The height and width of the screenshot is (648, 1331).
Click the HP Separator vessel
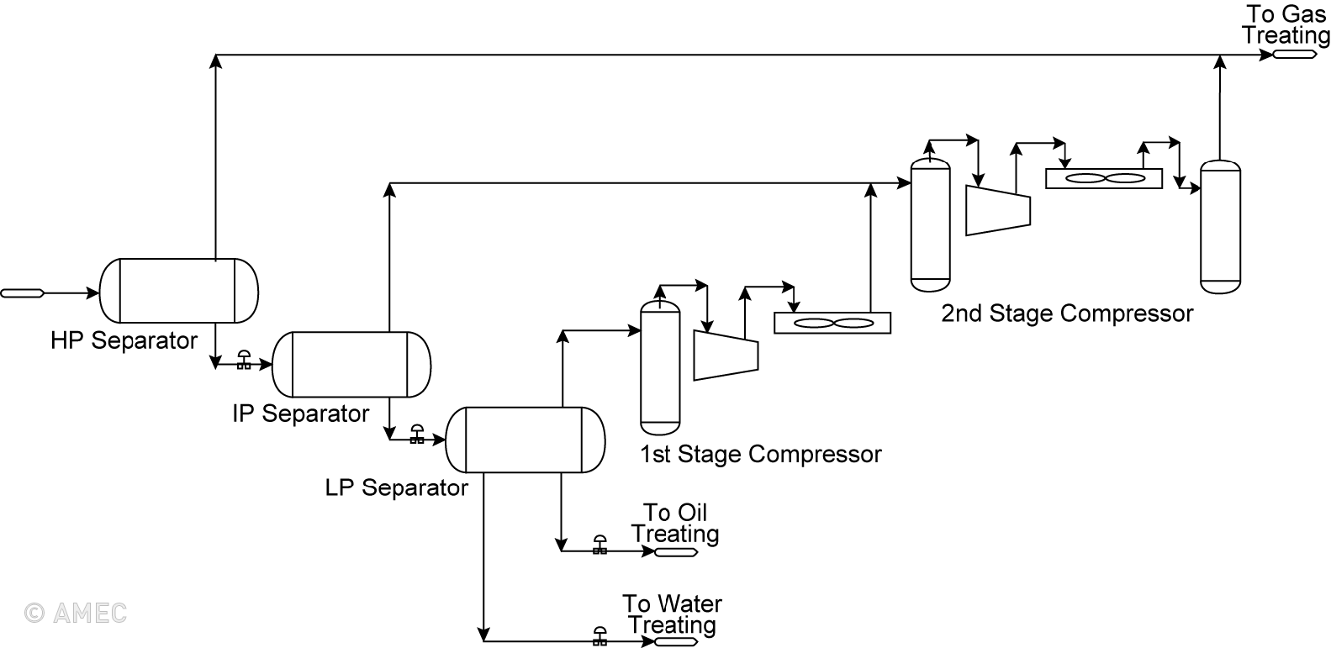click(178, 291)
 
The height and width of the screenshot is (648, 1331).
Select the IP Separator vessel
click(351, 364)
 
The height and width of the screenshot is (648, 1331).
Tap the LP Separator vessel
click(525, 440)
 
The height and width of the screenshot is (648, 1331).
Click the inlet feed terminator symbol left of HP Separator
click(22, 293)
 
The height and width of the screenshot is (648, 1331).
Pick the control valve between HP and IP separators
click(244, 361)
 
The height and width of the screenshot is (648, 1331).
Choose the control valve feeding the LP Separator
click(416, 435)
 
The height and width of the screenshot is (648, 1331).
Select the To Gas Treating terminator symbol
click(1295, 55)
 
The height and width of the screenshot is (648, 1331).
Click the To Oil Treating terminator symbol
click(676, 552)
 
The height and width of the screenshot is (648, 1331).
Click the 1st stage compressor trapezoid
click(726, 355)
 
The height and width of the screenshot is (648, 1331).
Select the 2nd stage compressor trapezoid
click(998, 210)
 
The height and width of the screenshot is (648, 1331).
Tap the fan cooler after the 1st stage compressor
click(832, 323)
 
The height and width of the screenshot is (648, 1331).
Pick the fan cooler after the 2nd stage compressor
click(1103, 178)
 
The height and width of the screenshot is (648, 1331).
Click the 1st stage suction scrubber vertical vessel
click(660, 366)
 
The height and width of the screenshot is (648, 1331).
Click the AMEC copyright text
click(76, 613)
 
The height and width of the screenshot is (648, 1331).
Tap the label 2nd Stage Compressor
click(1066, 313)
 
